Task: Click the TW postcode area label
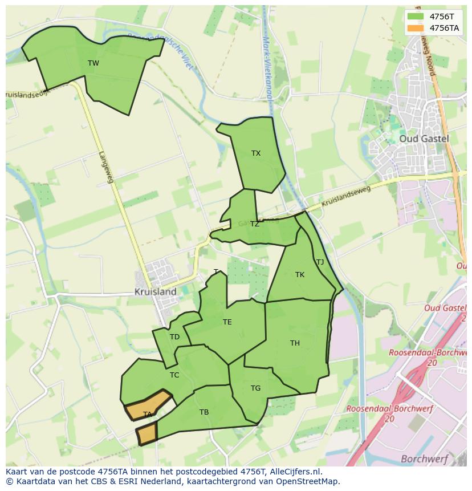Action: coord(93,63)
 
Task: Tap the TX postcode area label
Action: coord(256,153)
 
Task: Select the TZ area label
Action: coord(254,224)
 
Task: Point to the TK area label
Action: coord(300,275)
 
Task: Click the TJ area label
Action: coord(320,262)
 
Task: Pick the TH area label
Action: coord(295,343)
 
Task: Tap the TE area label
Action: coord(227,322)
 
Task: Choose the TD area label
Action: coord(174,337)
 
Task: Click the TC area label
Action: coord(174,375)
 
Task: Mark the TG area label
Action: coord(255,388)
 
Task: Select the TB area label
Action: coord(204,412)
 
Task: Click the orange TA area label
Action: coord(147,415)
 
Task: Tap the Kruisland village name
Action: coord(155,291)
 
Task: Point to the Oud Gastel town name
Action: coord(424,139)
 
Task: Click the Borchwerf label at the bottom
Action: coord(424,458)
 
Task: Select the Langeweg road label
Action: coord(106,167)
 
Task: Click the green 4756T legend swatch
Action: coord(416,17)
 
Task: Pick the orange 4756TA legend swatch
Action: coord(416,28)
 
